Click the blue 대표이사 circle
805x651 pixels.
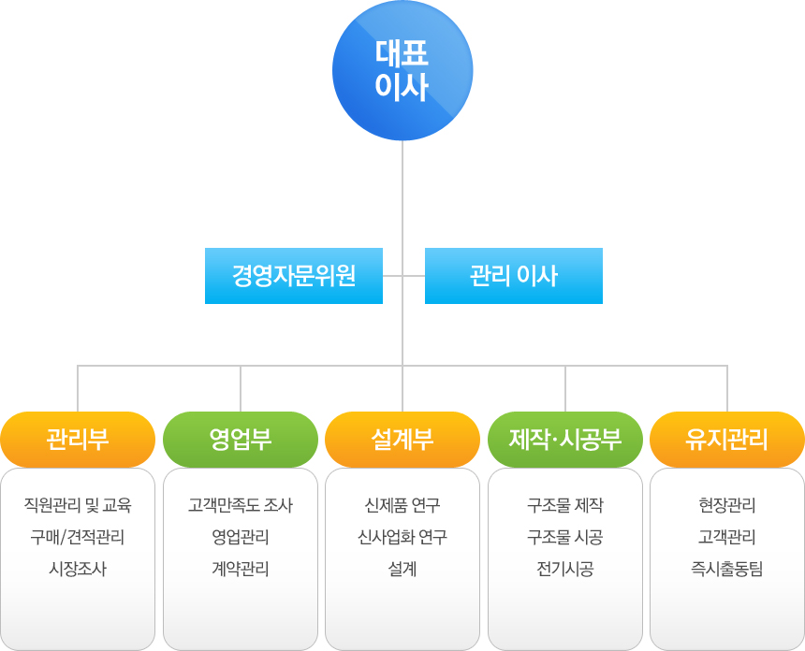click(x=402, y=70)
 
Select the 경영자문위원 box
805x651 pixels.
click(x=294, y=276)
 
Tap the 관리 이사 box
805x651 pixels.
click(x=513, y=276)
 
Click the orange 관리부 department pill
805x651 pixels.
click(x=78, y=440)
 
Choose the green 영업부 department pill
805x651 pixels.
click(x=241, y=440)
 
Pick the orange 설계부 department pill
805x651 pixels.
click(x=402, y=440)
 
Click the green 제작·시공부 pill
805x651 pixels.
click(x=565, y=440)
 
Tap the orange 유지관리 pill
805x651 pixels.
click(x=727, y=440)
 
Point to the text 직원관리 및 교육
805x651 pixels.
click(x=78, y=505)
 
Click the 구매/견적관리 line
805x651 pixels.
click(x=78, y=537)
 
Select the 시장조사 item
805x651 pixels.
click(x=78, y=569)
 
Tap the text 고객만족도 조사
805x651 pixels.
click(x=241, y=505)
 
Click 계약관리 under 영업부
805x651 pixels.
click(x=241, y=569)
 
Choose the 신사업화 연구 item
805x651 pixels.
click(x=402, y=537)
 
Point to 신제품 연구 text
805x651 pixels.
click(x=402, y=505)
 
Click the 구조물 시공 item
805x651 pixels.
click(x=565, y=537)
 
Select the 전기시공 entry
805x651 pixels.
click(x=565, y=569)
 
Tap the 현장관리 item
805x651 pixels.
click(x=727, y=505)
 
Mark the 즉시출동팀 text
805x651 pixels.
click(x=727, y=569)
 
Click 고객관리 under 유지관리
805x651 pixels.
click(x=727, y=537)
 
